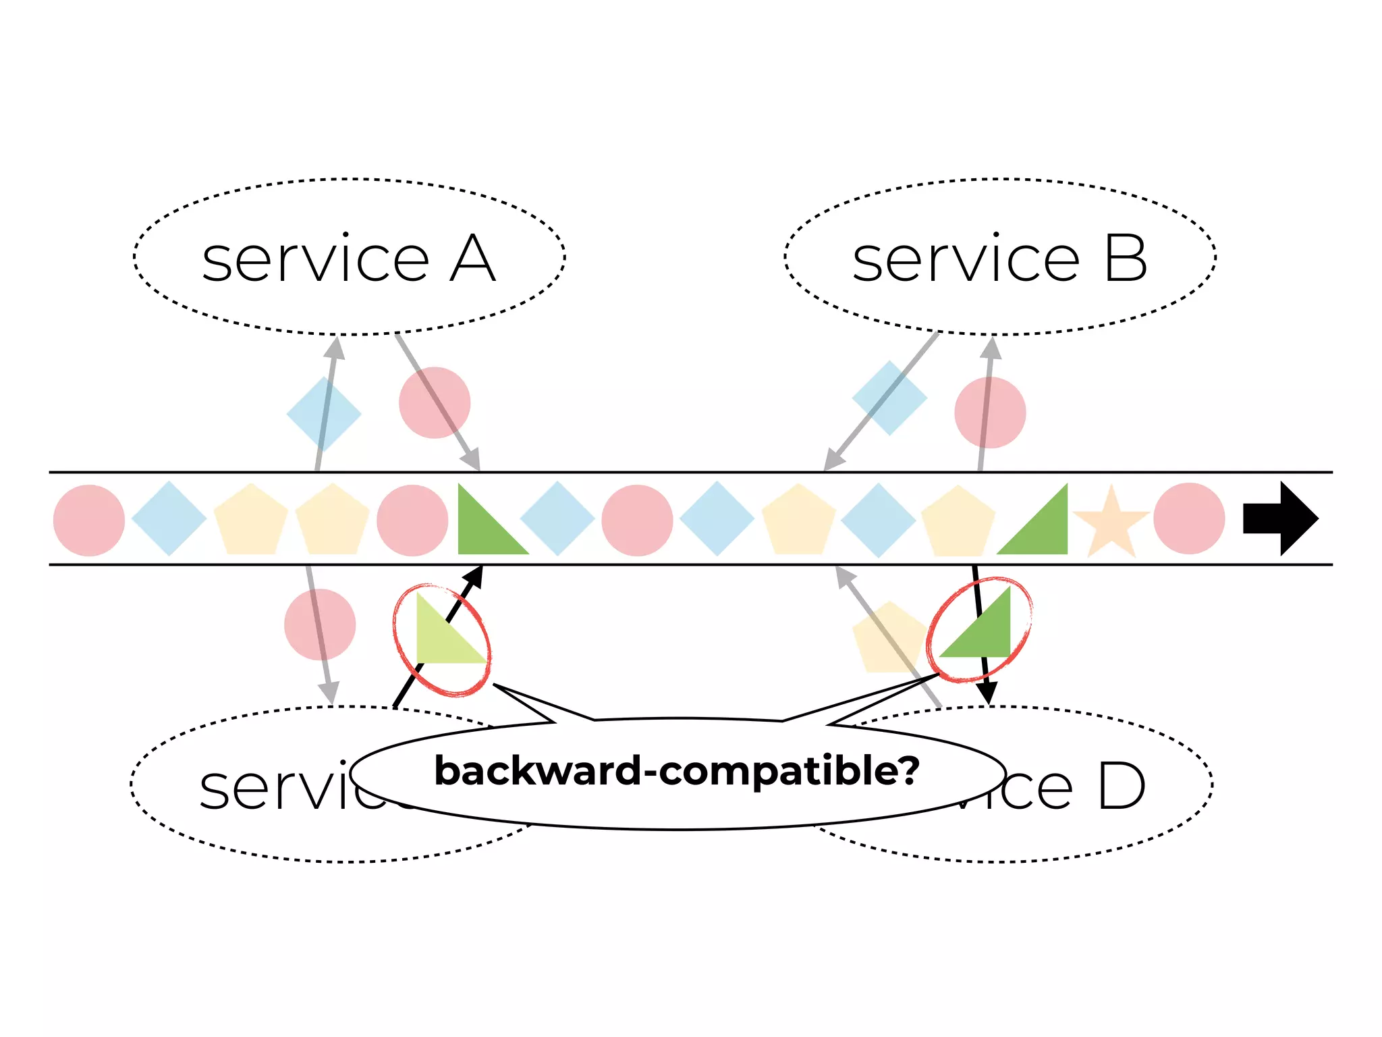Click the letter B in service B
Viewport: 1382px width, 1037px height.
[x=1125, y=259]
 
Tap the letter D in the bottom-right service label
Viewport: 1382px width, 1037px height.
[x=1121, y=787]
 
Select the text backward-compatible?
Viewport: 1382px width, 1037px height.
[x=677, y=771]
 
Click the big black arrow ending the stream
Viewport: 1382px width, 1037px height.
[x=1279, y=518]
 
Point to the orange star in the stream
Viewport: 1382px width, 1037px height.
[x=1111, y=522]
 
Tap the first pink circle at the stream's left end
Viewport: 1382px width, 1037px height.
[x=89, y=520]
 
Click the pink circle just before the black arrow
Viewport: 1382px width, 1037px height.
[x=1189, y=518]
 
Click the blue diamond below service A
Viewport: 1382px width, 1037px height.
[x=324, y=414]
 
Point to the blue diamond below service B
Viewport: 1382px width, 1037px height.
[x=889, y=398]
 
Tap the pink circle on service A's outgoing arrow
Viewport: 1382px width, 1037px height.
[x=435, y=402]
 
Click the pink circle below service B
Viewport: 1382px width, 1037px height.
[x=990, y=413]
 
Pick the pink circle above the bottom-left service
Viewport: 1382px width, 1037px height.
[x=320, y=624]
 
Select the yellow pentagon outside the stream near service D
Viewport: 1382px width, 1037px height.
[x=888, y=639]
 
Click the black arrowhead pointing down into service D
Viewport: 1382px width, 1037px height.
[x=987, y=693]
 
